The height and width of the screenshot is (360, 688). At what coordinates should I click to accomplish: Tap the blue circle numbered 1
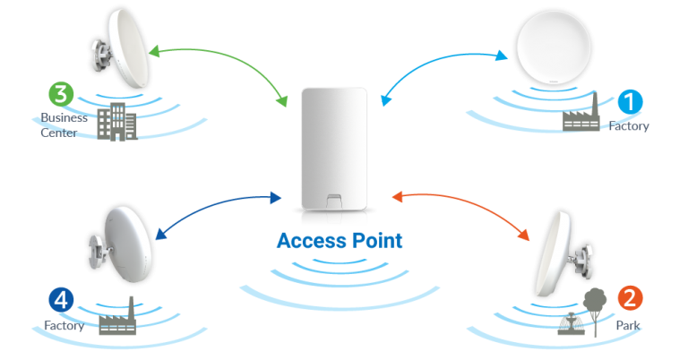tap(631, 102)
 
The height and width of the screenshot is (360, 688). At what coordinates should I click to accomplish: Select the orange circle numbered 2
tap(631, 298)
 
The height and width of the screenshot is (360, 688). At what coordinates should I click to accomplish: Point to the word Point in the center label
tap(374, 241)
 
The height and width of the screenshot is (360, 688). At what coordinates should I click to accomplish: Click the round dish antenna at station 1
tap(555, 46)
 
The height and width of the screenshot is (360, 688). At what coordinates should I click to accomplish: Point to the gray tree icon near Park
tap(591, 304)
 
